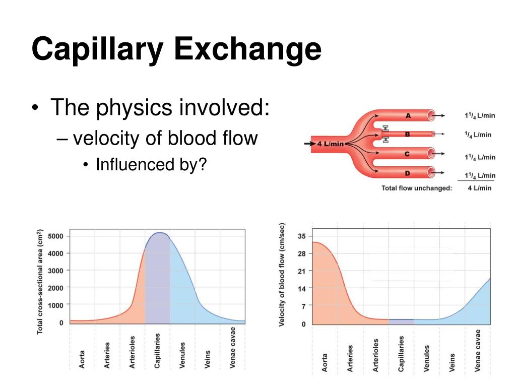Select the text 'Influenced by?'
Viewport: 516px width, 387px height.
pyautogui.click(x=151, y=164)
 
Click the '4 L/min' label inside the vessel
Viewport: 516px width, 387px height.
pyautogui.click(x=330, y=144)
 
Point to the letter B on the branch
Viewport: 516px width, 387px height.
pyautogui.click(x=408, y=135)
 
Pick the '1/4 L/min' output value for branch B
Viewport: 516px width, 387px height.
pyautogui.click(x=477, y=135)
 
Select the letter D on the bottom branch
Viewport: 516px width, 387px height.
pyautogui.click(x=408, y=173)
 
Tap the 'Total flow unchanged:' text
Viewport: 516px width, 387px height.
pyautogui.click(x=417, y=188)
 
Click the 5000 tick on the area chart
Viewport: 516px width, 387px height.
pyautogui.click(x=55, y=236)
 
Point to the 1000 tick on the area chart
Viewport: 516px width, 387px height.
pyautogui.click(x=55, y=305)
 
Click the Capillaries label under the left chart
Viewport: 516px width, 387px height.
pyautogui.click(x=157, y=350)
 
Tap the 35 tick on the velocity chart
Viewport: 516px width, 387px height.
pyautogui.click(x=301, y=236)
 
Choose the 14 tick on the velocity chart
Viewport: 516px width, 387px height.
pyautogui.click(x=301, y=288)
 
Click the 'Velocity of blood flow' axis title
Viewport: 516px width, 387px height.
pyautogui.click(x=282, y=275)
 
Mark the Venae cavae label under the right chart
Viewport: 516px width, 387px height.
pyautogui.click(x=477, y=351)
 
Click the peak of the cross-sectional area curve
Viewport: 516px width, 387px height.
pyautogui.click(x=160, y=233)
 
